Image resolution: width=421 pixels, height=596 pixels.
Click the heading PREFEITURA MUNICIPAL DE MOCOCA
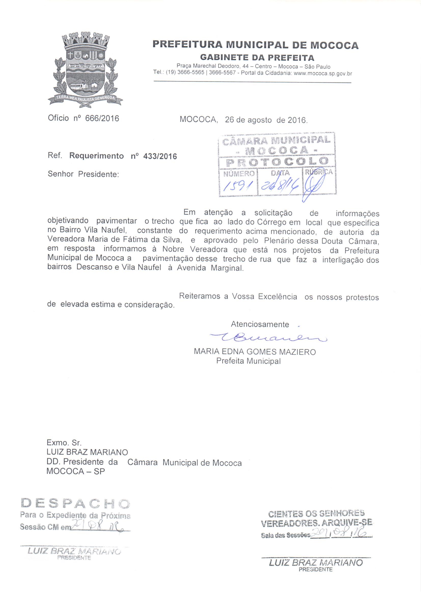pos(255,45)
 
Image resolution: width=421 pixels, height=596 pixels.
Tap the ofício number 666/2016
pos(102,119)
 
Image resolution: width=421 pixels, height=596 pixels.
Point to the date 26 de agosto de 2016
pos(266,120)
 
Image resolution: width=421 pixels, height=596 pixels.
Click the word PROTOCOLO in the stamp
pos(277,161)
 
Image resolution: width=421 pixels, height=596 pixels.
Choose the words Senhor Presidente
pos(83,174)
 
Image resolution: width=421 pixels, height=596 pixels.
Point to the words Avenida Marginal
pos(210,268)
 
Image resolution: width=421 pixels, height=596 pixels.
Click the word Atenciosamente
pos(260,324)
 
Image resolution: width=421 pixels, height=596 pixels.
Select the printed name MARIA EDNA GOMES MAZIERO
pos(255,352)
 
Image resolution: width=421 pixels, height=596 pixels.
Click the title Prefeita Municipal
pos(249,361)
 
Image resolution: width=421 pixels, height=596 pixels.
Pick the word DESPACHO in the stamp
pos(75,503)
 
